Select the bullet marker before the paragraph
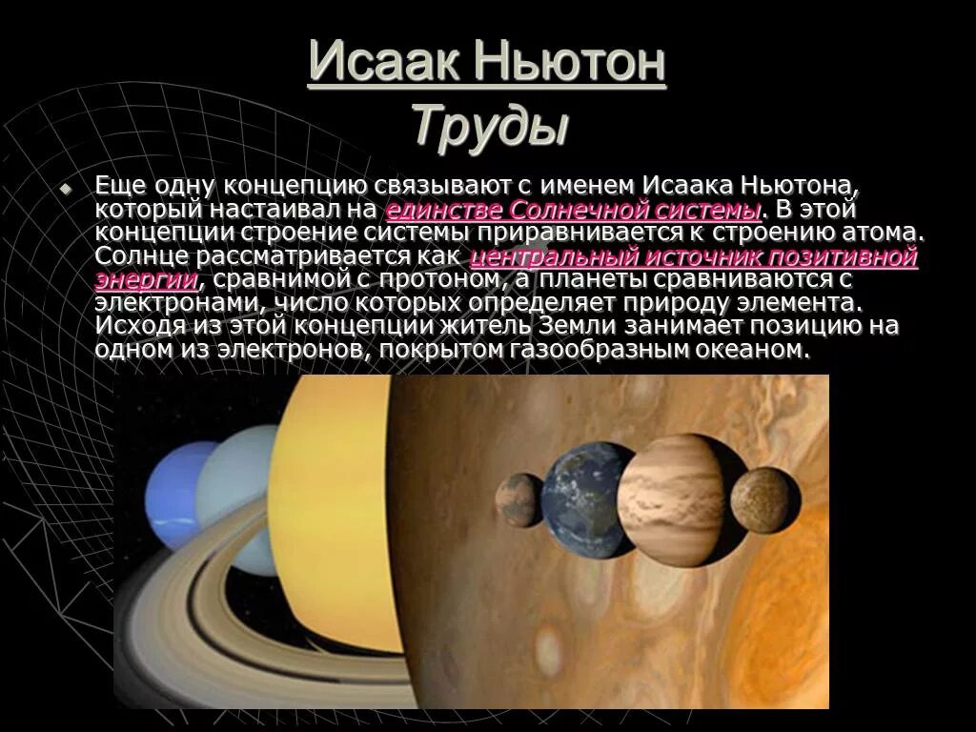click(66, 189)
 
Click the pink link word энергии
click(147, 279)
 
